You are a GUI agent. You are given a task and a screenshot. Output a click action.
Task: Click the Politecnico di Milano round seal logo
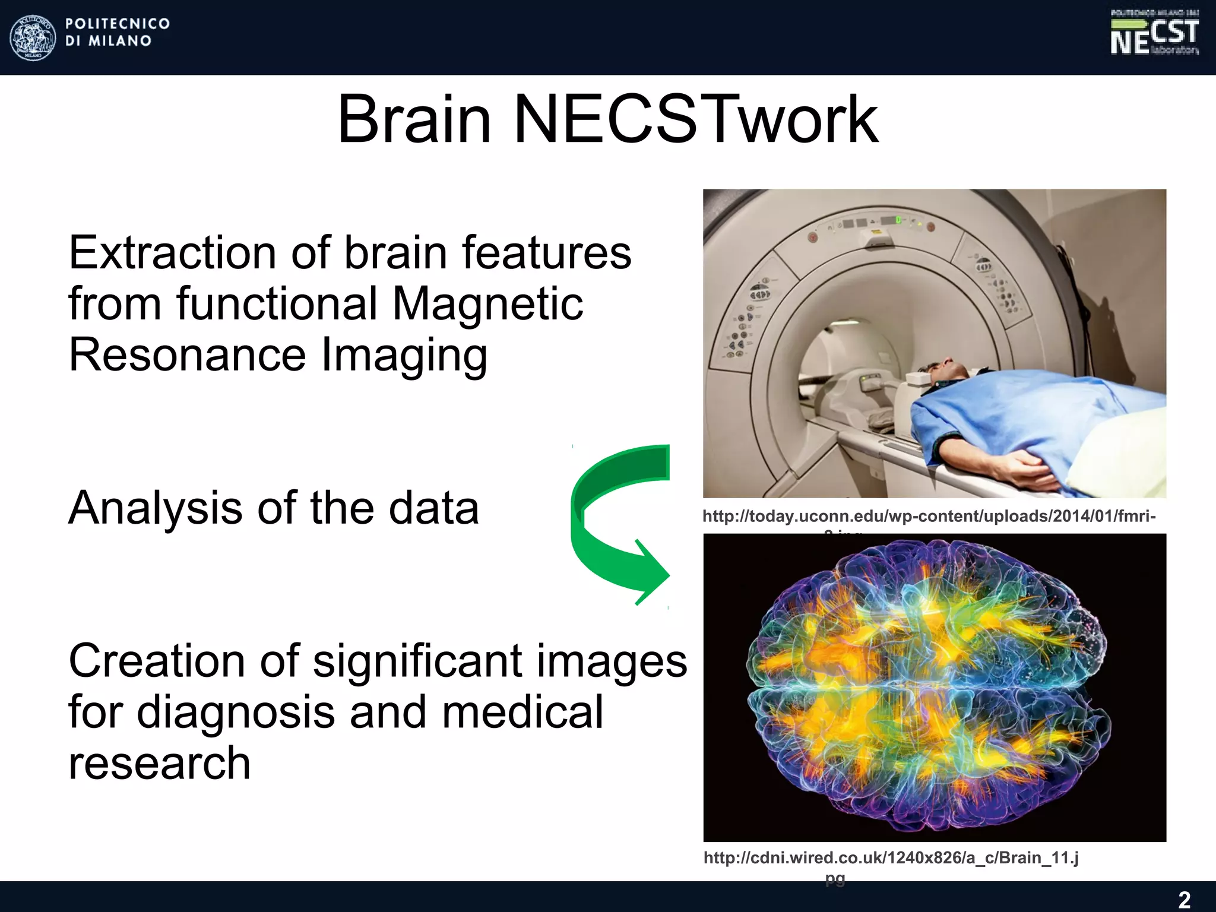pos(33,37)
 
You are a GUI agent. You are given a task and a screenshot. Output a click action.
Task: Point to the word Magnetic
pos(487,304)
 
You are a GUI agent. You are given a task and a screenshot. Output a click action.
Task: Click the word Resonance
pos(187,355)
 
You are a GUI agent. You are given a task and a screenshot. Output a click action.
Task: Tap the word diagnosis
pos(236,712)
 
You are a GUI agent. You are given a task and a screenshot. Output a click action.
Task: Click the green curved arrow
pos(612,522)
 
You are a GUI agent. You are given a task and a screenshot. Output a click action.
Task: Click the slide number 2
pos(1184,900)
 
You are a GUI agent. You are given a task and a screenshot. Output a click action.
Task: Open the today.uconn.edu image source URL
pos(929,517)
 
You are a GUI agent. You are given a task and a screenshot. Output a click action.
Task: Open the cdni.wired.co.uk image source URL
pos(891,858)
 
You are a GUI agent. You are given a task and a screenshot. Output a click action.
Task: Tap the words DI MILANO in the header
pos(108,41)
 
